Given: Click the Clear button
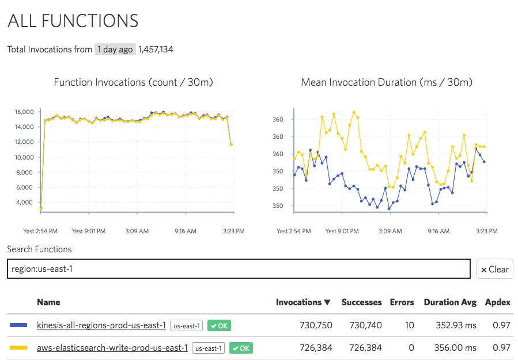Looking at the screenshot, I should pyautogui.click(x=494, y=269).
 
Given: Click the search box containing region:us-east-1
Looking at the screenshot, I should pyautogui.click(x=239, y=269).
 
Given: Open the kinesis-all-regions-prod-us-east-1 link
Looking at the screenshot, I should pyautogui.click(x=101, y=325).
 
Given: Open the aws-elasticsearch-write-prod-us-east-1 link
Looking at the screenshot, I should pyautogui.click(x=112, y=348).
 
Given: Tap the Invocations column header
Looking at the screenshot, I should pyautogui.click(x=303, y=302).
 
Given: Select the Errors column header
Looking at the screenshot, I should pyautogui.click(x=402, y=302).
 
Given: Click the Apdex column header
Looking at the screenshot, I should pyautogui.click(x=497, y=302).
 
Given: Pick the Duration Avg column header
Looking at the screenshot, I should pyautogui.click(x=450, y=302).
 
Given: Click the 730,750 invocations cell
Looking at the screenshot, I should pyautogui.click(x=316, y=325).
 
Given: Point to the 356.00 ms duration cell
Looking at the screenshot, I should pyautogui.click(x=455, y=348).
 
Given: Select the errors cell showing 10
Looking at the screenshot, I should pyautogui.click(x=409, y=325).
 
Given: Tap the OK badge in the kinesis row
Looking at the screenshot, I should pyautogui.click(x=219, y=326).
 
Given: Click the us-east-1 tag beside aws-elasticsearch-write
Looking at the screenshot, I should pyautogui.click(x=208, y=348).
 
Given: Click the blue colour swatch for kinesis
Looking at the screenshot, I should pyautogui.click(x=19, y=325).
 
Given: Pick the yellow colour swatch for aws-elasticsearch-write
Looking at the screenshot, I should pyautogui.click(x=19, y=348).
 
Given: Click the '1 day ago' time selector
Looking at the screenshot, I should pyautogui.click(x=115, y=50).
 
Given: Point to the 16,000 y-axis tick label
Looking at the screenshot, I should pyautogui.click(x=24, y=112).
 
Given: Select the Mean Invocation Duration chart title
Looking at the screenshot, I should pyautogui.click(x=387, y=82).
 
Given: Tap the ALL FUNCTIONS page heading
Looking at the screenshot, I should pyautogui.click(x=73, y=21).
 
